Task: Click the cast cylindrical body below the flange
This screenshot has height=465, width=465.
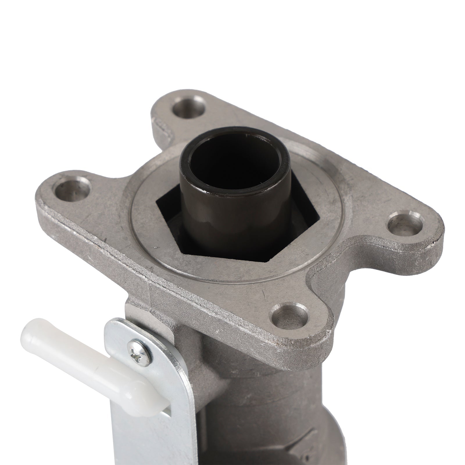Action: (x=262, y=407)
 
